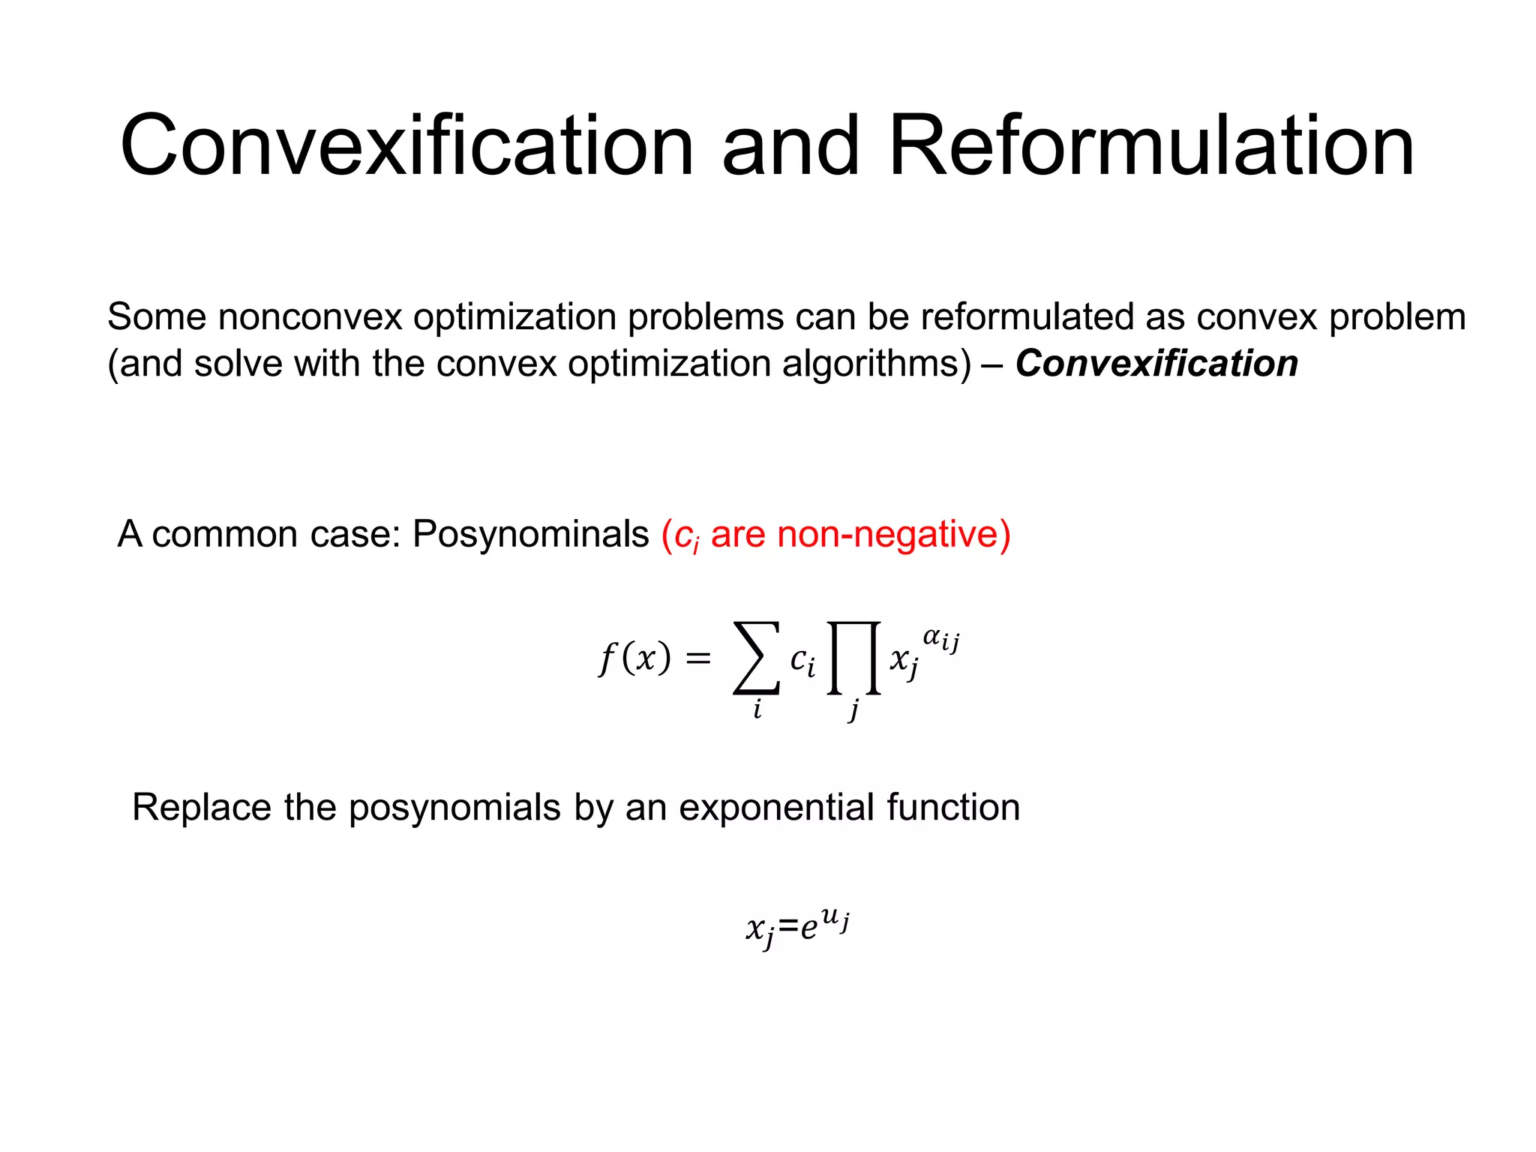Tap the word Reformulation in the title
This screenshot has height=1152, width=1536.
pos(1150,145)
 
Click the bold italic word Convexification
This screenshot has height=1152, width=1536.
pos(1156,364)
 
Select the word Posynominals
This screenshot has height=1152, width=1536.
pos(530,535)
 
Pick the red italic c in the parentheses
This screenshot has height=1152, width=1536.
pos(682,535)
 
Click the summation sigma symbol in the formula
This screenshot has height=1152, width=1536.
pos(756,658)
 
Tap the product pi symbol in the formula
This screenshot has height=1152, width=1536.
pos(853,658)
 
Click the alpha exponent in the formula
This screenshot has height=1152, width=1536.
pos(932,637)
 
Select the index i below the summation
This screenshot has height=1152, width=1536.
pos(757,709)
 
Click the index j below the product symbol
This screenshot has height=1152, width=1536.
pos(853,710)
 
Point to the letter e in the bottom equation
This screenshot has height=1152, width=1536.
pos(808,929)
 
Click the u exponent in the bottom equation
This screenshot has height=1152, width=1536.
pos(829,916)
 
